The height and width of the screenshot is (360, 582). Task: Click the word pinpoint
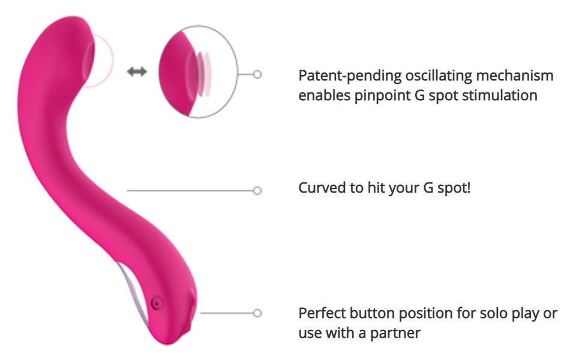click(375, 95)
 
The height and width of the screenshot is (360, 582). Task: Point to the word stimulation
click(498, 95)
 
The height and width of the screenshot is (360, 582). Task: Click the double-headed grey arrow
click(137, 72)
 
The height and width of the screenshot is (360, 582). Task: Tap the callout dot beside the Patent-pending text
click(257, 74)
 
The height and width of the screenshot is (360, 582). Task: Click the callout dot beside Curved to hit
click(257, 191)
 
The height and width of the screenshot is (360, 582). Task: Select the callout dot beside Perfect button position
click(257, 313)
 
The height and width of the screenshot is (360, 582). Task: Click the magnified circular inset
click(198, 71)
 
